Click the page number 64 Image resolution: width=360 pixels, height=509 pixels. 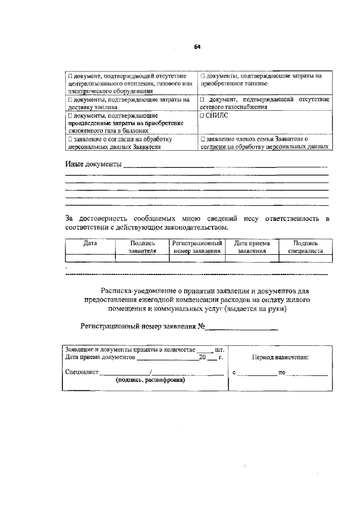[197, 47]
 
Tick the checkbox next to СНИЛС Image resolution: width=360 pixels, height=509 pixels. [202, 115]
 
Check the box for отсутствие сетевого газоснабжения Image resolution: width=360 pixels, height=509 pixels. [202, 100]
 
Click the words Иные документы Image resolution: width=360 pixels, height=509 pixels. [93, 164]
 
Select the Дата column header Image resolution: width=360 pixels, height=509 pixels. [90, 244]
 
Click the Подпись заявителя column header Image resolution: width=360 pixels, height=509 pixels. [142, 247]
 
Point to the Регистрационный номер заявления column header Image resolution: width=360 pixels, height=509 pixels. [197, 247]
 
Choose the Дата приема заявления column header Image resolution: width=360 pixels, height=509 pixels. [251, 247]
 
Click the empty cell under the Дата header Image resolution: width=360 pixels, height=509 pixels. [90, 258]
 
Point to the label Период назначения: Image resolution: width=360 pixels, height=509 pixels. [280, 358]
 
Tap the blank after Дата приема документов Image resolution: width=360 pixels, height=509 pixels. [166, 357]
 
